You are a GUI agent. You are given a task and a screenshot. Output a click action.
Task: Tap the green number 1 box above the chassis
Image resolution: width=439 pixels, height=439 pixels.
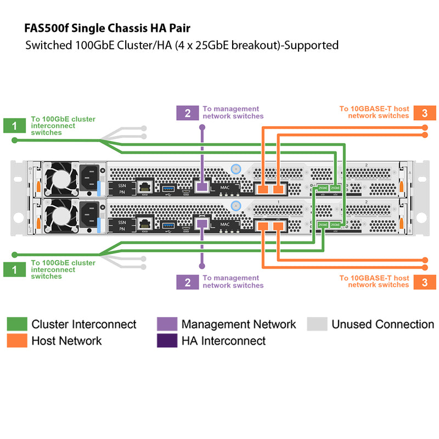[14, 125]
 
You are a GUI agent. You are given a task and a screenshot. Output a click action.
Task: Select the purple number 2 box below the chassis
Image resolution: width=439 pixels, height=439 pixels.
[188, 282]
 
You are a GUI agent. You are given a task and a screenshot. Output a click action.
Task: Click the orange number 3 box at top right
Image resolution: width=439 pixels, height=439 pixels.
[425, 112]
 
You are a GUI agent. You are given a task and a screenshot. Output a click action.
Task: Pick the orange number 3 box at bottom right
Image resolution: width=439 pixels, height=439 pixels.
[425, 282]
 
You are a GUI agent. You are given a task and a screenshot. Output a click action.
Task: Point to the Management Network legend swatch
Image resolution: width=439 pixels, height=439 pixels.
[166, 324]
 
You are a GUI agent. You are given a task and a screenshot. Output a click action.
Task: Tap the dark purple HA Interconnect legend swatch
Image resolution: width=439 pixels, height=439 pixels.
[166, 341]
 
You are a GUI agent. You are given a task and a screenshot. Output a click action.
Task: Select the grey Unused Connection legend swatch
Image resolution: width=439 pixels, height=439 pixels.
[317, 324]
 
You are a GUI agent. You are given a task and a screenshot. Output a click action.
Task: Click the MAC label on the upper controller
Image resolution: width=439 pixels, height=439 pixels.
[225, 187]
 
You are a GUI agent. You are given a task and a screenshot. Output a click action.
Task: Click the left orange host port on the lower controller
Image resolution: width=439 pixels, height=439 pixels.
[264, 225]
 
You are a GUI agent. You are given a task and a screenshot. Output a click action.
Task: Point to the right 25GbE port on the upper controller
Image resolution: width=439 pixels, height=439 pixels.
[335, 188]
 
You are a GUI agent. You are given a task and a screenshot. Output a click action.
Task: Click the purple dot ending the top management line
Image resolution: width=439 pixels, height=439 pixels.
[202, 127]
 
